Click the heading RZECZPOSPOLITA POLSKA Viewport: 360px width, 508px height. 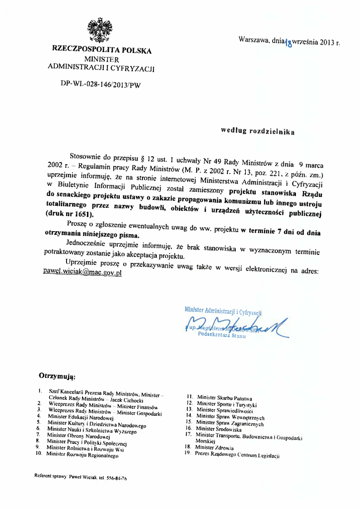[102, 50]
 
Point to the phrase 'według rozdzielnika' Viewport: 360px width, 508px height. [258, 131]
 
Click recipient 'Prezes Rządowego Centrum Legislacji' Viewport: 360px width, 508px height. [237, 454]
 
